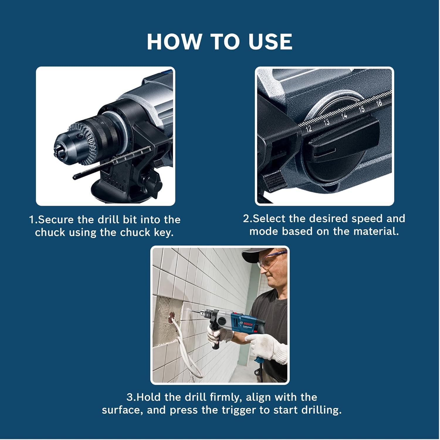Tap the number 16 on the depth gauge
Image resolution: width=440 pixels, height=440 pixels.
[x=378, y=103]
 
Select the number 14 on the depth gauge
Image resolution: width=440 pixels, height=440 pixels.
[x=344, y=116]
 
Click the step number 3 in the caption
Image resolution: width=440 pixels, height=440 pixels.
[x=129, y=397]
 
